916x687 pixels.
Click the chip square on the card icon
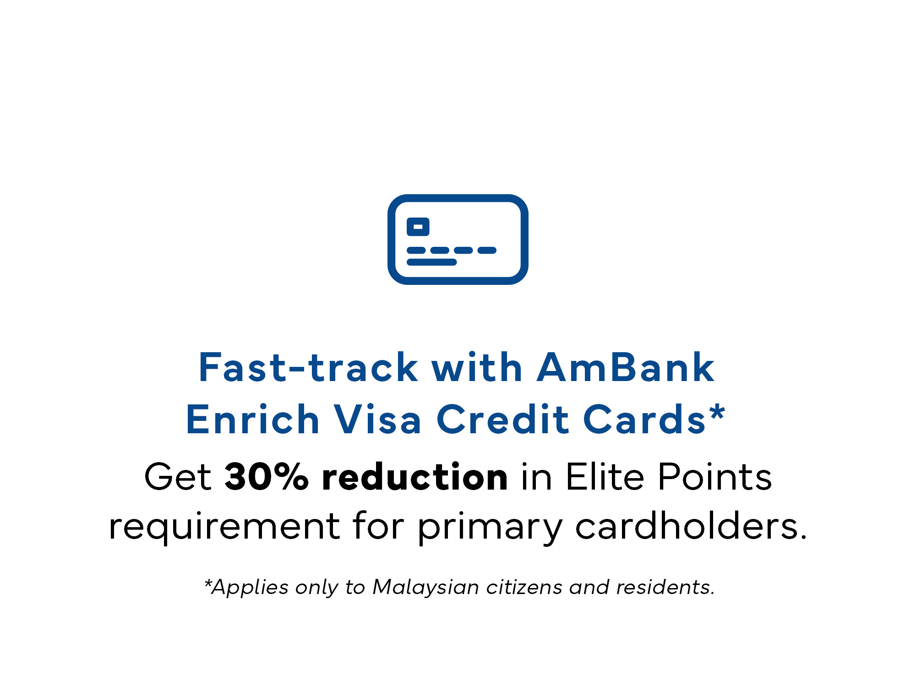tap(418, 227)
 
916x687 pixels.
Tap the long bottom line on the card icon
tap(432, 262)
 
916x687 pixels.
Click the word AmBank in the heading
tap(625, 367)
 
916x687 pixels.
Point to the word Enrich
tap(253, 419)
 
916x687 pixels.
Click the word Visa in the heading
tap(377, 419)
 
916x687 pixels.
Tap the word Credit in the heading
tap(503, 419)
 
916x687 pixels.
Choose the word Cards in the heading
tap(645, 419)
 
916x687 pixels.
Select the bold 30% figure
tap(267, 476)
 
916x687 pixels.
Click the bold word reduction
tap(415, 476)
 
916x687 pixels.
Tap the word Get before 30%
tap(178, 476)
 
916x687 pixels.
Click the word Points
tap(715, 476)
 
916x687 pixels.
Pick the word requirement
tap(224, 527)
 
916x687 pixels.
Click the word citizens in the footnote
tap(524, 587)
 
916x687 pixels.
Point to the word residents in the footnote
tap(665, 587)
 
